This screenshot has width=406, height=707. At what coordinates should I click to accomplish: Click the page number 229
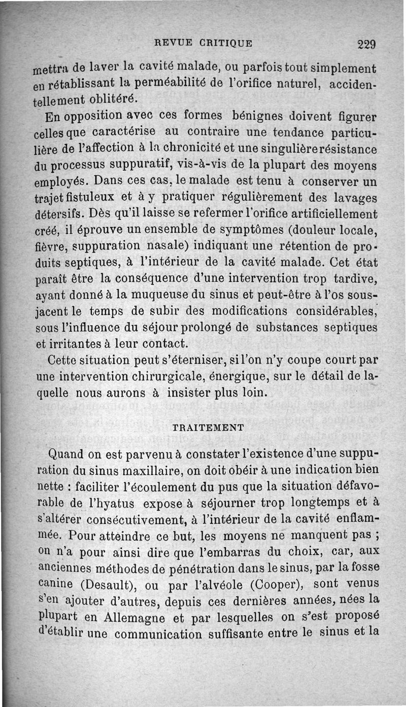365,44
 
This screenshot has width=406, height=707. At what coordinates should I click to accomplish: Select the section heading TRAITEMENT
208,427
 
